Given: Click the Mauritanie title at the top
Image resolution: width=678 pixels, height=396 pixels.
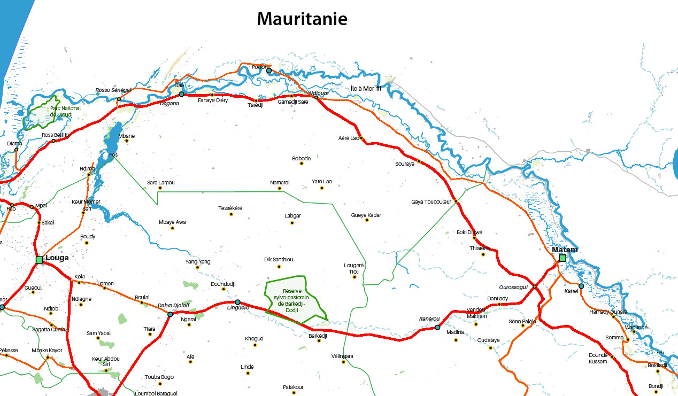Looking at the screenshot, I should (x=302, y=19).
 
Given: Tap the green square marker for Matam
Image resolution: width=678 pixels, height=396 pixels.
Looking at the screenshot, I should (x=563, y=258).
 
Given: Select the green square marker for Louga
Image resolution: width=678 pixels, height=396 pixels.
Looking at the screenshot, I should (x=39, y=260).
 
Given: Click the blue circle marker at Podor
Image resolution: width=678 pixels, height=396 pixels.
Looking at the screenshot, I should (x=269, y=71).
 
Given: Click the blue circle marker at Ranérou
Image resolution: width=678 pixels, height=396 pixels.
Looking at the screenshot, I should (x=437, y=328).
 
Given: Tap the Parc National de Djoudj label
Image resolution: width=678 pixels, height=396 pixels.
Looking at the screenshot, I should (x=65, y=111).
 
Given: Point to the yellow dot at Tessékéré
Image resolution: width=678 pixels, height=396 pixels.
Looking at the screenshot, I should (x=231, y=214).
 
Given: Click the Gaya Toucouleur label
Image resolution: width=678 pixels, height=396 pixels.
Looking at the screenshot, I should (x=431, y=202).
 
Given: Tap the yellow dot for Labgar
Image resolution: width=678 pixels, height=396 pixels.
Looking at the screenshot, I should (x=292, y=222).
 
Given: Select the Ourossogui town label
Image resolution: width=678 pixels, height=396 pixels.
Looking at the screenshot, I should (x=513, y=287).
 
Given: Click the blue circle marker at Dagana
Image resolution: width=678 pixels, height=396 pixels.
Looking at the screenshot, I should (x=181, y=94).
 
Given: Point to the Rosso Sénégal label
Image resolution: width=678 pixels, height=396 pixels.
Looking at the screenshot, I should (x=113, y=90).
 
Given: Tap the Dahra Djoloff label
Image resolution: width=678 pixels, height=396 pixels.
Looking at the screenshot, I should (x=173, y=306).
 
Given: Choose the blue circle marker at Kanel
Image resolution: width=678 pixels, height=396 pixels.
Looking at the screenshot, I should (x=581, y=286).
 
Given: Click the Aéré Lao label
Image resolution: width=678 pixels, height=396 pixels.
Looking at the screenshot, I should (x=349, y=138).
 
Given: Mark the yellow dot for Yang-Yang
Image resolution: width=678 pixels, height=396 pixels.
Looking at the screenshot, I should (x=197, y=268).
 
